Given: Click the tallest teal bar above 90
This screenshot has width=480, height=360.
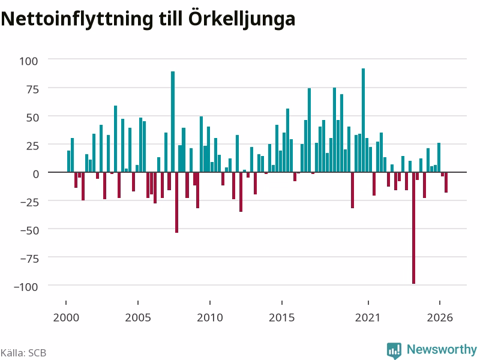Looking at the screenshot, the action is [x=364, y=121].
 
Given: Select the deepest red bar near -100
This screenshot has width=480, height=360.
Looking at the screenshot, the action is [x=413, y=228].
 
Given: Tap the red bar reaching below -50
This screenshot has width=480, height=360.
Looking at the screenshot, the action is [x=176, y=203].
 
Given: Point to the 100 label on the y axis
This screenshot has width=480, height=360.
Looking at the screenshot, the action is [x=29, y=61].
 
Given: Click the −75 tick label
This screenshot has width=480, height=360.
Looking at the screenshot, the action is [x=29, y=259].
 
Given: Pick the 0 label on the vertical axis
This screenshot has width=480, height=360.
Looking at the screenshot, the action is [x=36, y=174].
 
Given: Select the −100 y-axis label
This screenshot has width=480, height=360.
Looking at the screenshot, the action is [x=26, y=287].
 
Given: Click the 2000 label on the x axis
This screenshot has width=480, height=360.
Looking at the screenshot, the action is [x=66, y=317].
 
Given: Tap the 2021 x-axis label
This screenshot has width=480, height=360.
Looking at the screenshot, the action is [x=368, y=317].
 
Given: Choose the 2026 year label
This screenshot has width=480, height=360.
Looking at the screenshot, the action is [x=440, y=317].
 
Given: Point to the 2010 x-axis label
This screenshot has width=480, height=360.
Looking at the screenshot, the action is [x=210, y=317].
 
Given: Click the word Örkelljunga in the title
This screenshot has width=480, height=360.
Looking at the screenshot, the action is [x=242, y=19].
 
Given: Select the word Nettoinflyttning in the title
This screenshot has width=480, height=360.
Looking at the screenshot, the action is [x=77, y=20].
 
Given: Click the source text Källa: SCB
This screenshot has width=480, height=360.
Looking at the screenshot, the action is [x=23, y=353].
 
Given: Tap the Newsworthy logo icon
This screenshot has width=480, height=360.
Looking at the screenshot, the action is [x=394, y=350].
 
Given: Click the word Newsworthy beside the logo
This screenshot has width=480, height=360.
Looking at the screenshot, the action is [x=442, y=349].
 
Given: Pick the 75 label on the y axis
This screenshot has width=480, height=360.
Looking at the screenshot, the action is [x=32, y=89].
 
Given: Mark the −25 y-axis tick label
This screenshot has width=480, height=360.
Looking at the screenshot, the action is [x=29, y=202].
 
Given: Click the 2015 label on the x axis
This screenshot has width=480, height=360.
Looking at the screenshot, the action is [x=281, y=317].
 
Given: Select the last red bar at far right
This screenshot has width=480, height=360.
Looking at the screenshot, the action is [x=446, y=182].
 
